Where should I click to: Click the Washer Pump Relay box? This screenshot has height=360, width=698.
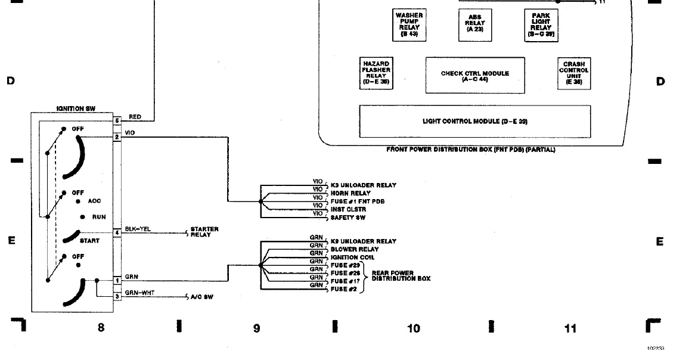[x=410, y=24]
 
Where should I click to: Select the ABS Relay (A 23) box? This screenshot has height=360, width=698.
[x=475, y=24]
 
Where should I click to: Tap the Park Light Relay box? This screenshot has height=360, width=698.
[x=541, y=24]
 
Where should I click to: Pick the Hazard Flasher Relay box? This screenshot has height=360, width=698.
[x=376, y=73]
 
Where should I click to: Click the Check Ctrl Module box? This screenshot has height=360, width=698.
[x=475, y=76]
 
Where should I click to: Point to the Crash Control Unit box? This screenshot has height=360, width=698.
[x=573, y=73]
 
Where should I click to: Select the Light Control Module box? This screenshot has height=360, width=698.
[x=475, y=122]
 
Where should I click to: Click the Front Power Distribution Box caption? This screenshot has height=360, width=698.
[x=470, y=150]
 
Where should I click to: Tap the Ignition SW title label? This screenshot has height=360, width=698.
[x=76, y=109]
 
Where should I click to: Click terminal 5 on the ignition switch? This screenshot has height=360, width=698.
[x=117, y=121]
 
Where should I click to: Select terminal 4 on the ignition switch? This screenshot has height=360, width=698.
[x=117, y=232]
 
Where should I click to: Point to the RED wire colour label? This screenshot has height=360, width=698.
[x=135, y=117]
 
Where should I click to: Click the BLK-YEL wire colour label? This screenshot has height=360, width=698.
[x=137, y=229]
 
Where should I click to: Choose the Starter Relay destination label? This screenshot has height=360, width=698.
[x=204, y=232]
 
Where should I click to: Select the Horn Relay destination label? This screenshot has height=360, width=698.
[x=350, y=193]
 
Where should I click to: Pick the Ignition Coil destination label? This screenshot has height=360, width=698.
[x=352, y=257]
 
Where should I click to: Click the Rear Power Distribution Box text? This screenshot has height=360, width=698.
[x=401, y=276]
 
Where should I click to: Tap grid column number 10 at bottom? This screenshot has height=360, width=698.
[x=413, y=328]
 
